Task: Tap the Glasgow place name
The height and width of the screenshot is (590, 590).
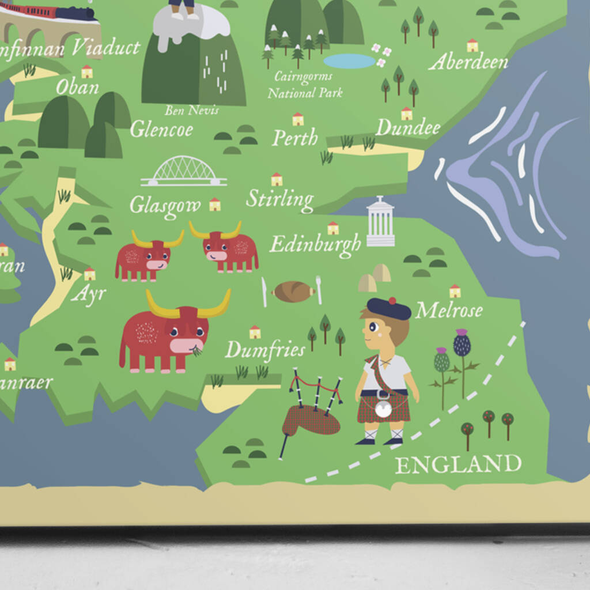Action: (165, 205)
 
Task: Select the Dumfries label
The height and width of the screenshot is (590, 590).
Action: (264, 349)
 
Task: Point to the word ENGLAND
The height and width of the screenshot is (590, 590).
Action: (458, 464)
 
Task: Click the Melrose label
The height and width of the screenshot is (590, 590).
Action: (449, 311)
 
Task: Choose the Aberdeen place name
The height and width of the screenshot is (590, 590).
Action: (468, 62)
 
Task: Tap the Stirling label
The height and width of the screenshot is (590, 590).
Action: (280, 199)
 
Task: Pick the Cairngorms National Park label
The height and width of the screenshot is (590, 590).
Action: (305, 84)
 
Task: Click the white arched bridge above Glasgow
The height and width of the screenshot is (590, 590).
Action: (184, 172)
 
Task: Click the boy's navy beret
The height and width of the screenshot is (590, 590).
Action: (389, 308)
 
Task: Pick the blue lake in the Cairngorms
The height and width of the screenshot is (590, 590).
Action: (349, 61)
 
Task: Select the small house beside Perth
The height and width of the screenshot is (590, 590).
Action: (297, 119)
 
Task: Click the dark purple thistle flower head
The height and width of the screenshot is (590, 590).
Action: (462, 344)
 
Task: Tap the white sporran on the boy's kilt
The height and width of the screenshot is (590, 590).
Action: (383, 409)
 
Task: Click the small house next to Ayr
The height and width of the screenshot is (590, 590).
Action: (89, 274)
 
